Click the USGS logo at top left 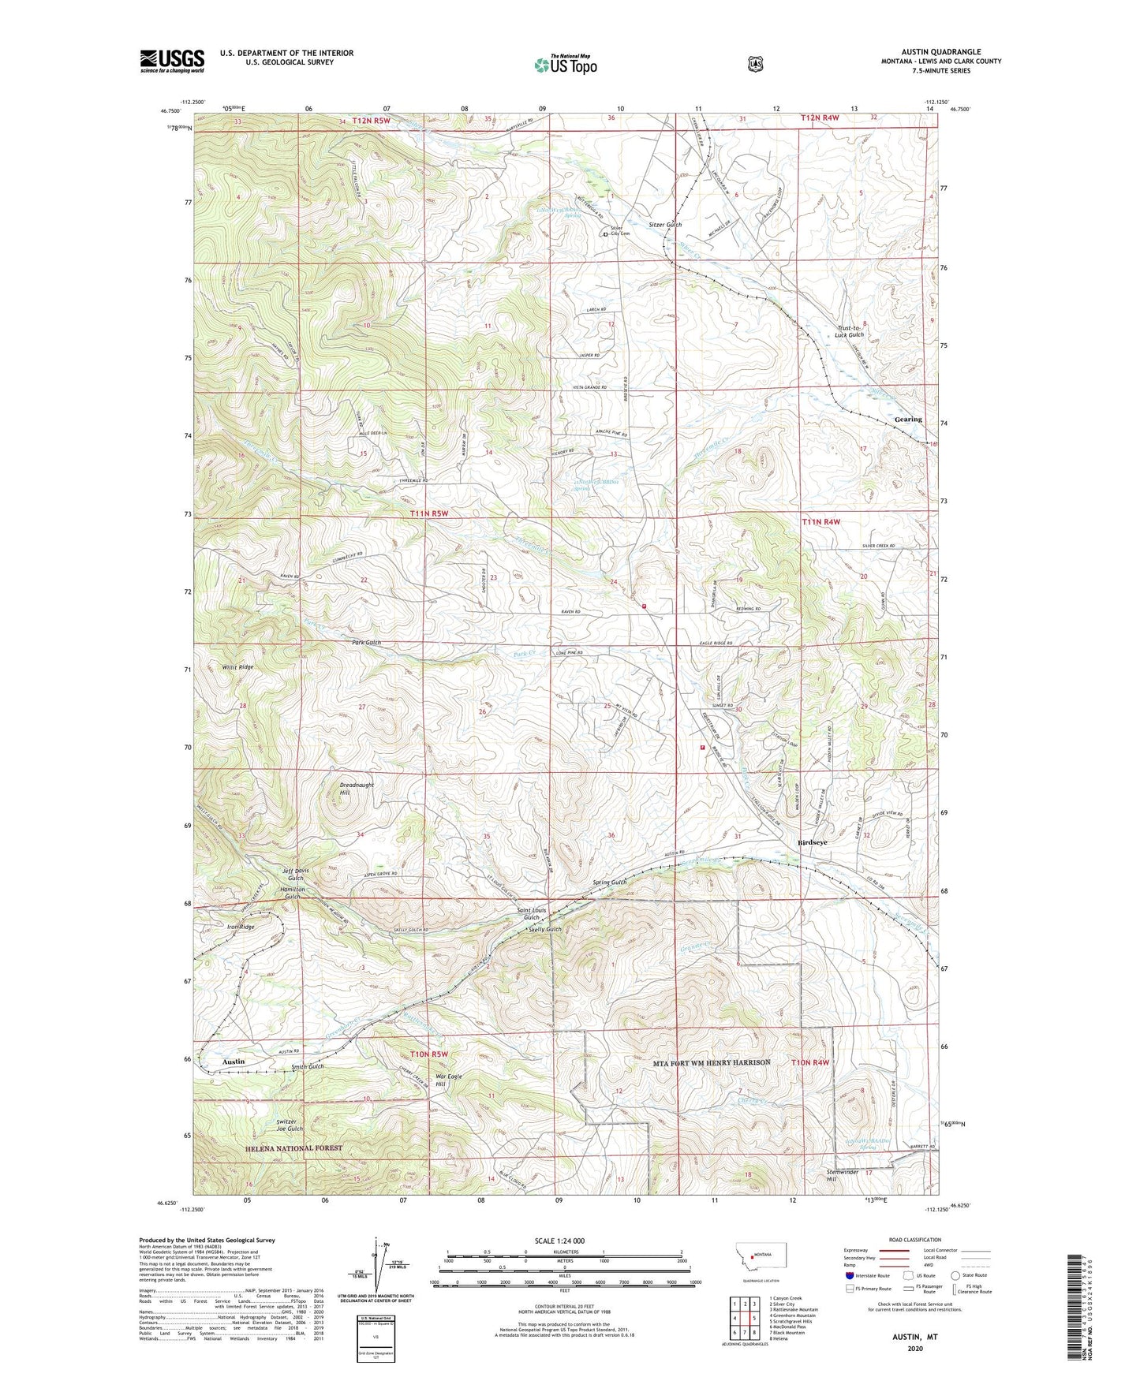tap(172, 61)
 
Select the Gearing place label tap(908, 420)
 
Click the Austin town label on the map tap(233, 1062)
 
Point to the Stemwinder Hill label tap(842, 1176)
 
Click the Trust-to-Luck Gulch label tap(850, 330)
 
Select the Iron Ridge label tap(241, 927)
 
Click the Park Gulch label tap(366, 643)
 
